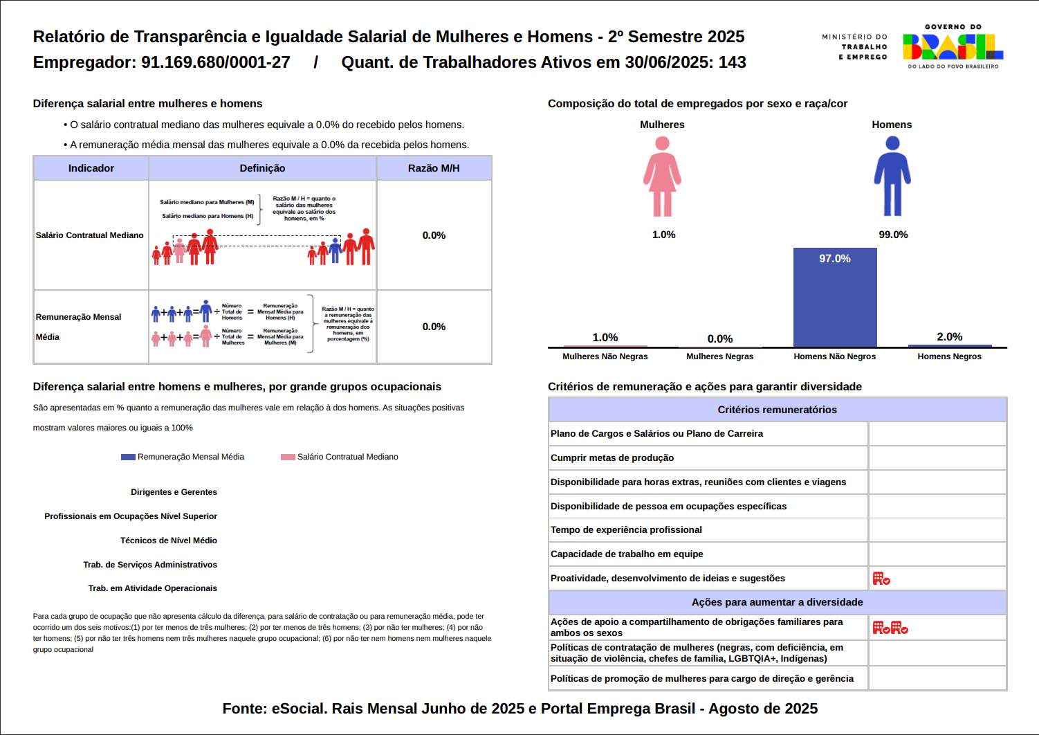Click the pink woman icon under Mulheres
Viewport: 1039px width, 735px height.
click(x=662, y=176)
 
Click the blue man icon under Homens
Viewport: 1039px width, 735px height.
click(x=892, y=176)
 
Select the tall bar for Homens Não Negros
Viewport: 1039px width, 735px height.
click(x=835, y=298)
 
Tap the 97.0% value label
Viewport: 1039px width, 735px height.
click(x=835, y=259)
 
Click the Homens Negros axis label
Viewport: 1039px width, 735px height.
click(x=949, y=356)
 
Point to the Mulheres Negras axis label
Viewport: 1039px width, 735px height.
click(x=719, y=356)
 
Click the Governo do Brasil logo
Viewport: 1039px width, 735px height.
click(x=953, y=46)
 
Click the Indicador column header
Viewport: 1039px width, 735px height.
click(x=91, y=168)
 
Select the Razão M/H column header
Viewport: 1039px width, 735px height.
click(x=434, y=168)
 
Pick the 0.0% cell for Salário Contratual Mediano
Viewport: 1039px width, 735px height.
click(x=434, y=235)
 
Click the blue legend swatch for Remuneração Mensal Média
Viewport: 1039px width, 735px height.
click(x=128, y=457)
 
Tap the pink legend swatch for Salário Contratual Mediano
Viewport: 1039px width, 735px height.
click(x=288, y=457)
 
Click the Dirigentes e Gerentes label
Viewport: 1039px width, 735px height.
click(x=174, y=492)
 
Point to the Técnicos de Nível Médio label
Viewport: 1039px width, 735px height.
click(x=169, y=541)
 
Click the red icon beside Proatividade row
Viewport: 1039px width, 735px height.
click(x=881, y=579)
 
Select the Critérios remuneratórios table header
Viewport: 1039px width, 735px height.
click(x=777, y=410)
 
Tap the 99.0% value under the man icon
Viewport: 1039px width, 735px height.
click(x=893, y=235)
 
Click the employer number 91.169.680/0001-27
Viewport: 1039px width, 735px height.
click(x=216, y=62)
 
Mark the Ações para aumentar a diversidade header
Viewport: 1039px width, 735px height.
click(x=777, y=602)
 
